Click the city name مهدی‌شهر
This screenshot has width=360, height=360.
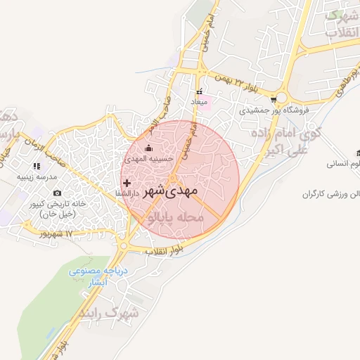171,191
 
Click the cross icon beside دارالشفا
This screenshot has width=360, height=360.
127,182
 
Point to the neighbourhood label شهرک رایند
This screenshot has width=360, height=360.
110,311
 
